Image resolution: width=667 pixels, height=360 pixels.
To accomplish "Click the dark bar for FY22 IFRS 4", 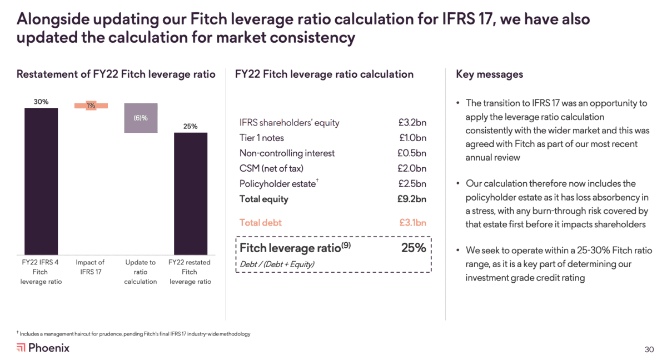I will (41, 181).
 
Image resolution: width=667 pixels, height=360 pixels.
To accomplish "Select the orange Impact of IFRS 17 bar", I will (91, 106).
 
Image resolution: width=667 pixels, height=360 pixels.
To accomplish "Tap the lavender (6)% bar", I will (141, 118).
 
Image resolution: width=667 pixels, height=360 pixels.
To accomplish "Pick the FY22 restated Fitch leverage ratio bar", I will (190, 193).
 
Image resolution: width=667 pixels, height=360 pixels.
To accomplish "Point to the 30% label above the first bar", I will (41, 102).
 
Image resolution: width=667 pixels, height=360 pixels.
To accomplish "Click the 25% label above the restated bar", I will (190, 126).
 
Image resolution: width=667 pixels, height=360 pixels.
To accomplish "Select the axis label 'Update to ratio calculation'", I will (141, 272).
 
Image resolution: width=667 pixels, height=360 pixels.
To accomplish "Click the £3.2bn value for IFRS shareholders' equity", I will (412, 123).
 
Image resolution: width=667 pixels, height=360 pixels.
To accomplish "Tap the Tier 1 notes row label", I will (261, 138).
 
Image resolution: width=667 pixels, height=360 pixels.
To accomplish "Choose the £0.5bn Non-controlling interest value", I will (412, 153).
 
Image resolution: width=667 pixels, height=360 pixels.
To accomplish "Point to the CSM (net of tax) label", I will (271, 168).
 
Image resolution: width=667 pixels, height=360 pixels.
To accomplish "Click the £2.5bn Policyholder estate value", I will (412, 184).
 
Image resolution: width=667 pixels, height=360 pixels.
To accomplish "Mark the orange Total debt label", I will (260, 223).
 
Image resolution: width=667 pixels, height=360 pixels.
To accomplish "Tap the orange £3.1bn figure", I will (412, 223).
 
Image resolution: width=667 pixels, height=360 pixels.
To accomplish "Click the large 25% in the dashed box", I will (414, 248).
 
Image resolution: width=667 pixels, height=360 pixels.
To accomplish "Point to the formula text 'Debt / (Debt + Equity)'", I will (277, 264).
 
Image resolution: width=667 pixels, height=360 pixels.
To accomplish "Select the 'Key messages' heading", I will (489, 74).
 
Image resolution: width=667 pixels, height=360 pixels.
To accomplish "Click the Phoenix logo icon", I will (21, 348).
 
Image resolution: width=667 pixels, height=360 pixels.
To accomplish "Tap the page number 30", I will (649, 349).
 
